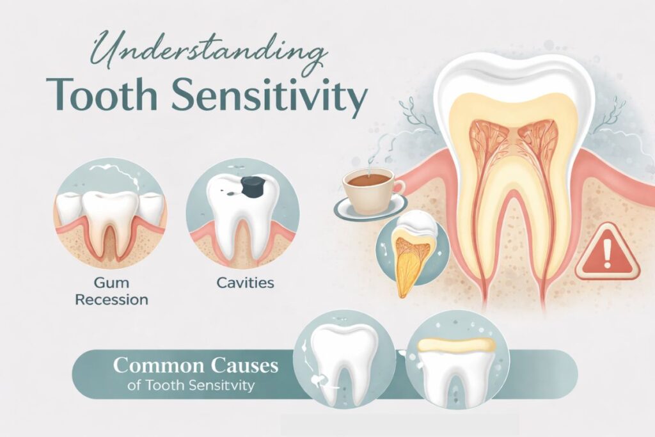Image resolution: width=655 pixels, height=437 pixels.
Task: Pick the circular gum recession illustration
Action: pyautogui.click(x=111, y=212)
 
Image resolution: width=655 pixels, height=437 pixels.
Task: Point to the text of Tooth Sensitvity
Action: pyautogui.click(x=200, y=386)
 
